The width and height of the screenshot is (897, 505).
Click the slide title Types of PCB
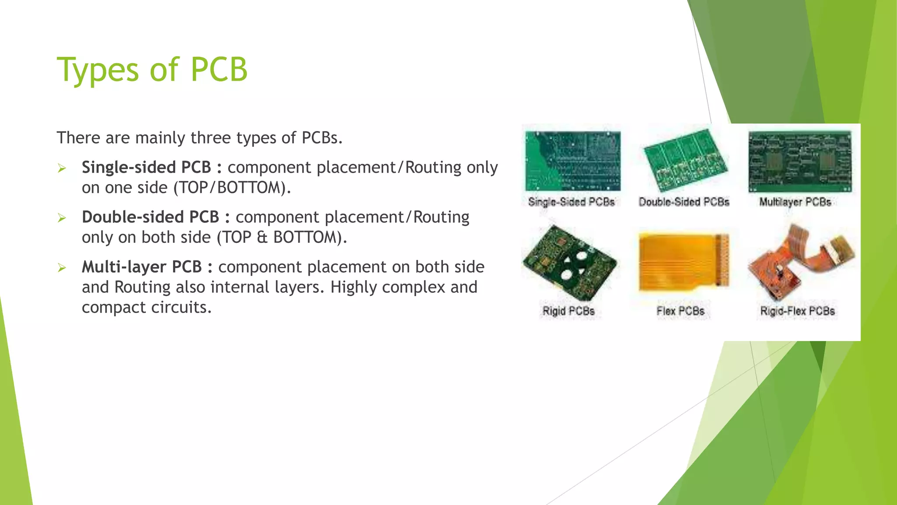coord(152,70)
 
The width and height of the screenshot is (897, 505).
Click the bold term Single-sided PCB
coord(146,167)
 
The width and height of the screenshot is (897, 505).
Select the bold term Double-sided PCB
coord(150,217)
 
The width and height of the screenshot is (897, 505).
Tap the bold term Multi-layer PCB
coord(141,267)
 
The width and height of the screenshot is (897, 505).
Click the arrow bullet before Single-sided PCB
coord(62,168)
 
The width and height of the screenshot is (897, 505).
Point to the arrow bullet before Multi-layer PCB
coord(62,267)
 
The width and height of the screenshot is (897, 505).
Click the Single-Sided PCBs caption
coord(571,202)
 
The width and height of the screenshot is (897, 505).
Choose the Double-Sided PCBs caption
coord(684,202)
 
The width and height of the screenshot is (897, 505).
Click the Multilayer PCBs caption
coord(795,202)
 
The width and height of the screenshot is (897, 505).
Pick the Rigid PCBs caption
coord(568,311)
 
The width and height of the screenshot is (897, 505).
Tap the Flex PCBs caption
coord(680,311)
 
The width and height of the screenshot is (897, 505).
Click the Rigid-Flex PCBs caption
coord(797,311)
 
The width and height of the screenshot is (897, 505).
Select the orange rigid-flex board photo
coord(799,263)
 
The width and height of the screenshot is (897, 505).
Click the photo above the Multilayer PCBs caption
coord(800,161)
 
